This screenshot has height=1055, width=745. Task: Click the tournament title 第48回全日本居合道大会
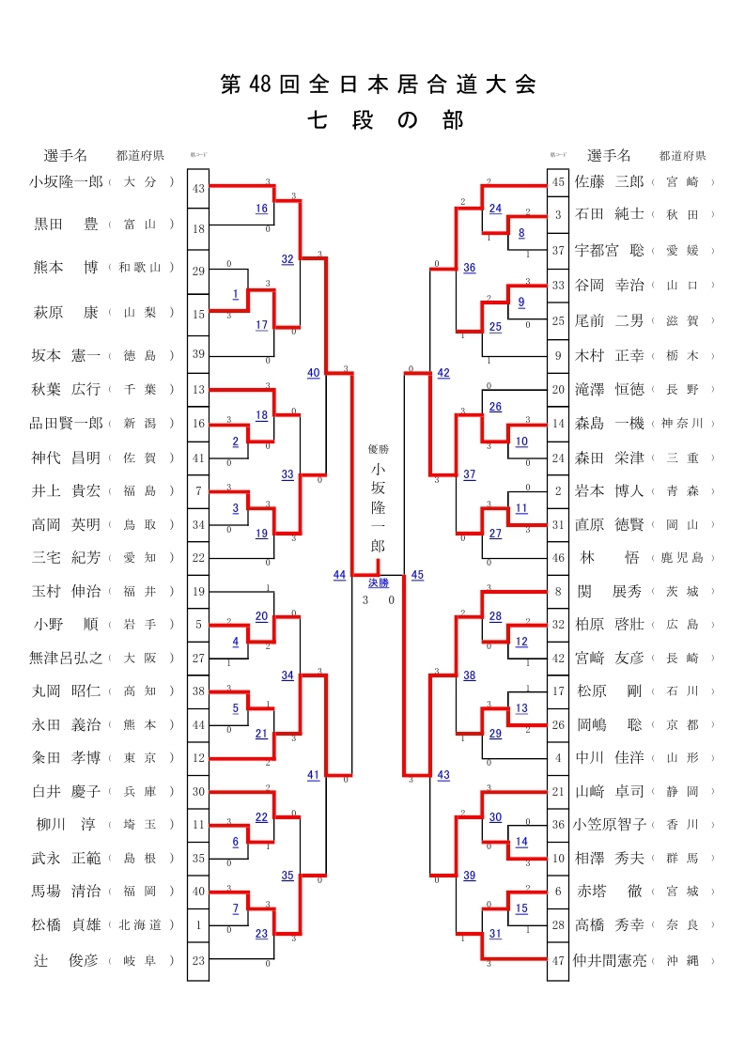tap(379, 85)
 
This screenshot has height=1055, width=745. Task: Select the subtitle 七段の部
tap(385, 121)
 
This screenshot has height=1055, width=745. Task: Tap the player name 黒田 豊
tap(66, 224)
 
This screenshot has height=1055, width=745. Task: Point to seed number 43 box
tap(198, 188)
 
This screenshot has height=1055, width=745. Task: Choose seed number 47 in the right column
tap(558, 960)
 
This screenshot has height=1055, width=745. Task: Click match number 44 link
tap(339, 575)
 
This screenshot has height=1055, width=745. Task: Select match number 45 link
tap(417, 575)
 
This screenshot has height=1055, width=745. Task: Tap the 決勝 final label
tap(378, 582)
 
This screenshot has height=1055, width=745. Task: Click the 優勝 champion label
tap(378, 449)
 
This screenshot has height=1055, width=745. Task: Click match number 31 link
tap(494, 933)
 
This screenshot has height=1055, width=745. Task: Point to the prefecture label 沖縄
tap(683, 961)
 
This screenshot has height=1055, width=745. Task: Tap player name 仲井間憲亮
tap(611, 960)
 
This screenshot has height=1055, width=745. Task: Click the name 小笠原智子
tap(611, 824)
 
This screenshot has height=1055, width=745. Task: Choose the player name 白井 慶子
tap(66, 792)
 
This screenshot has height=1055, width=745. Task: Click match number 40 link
tap(313, 373)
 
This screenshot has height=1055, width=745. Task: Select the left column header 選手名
tap(66, 155)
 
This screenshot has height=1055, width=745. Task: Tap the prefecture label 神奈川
tap(683, 424)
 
